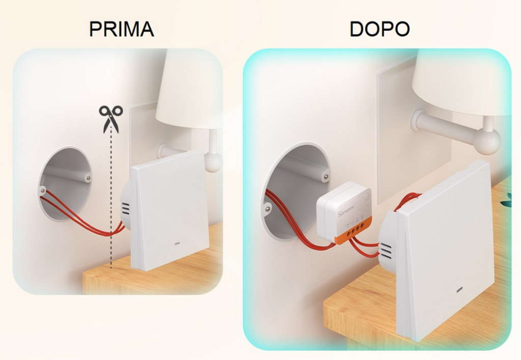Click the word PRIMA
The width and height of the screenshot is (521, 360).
[x=121, y=29]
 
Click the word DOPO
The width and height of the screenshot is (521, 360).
[x=380, y=29]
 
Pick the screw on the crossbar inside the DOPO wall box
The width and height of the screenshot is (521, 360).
[x=324, y=177]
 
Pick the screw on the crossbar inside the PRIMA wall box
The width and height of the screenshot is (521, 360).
[x=89, y=178]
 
